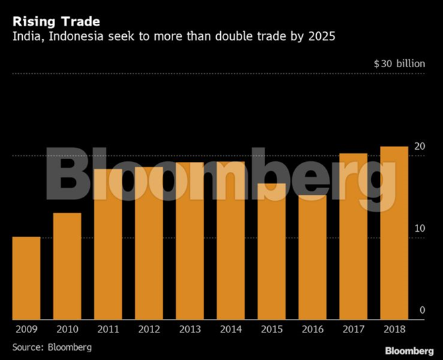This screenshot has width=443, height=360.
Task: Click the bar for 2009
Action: tap(26, 278)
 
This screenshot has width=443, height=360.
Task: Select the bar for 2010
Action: tap(67, 266)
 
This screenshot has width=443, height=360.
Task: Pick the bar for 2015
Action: tap(271, 251)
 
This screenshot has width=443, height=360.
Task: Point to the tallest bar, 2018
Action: tap(394, 233)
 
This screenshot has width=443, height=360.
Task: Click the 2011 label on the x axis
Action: tap(108, 330)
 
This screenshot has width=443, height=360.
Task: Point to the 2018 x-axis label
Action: tap(394, 330)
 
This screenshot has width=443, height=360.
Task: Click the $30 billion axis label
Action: tap(399, 64)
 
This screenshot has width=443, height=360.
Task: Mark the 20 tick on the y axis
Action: tap(420, 147)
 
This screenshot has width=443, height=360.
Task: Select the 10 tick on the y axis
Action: tap(420, 229)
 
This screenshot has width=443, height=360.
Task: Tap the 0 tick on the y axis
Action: tap(423, 310)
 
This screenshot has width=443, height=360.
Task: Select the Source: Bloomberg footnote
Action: tap(52, 347)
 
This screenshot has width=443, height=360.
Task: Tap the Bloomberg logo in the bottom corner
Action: tap(409, 351)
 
